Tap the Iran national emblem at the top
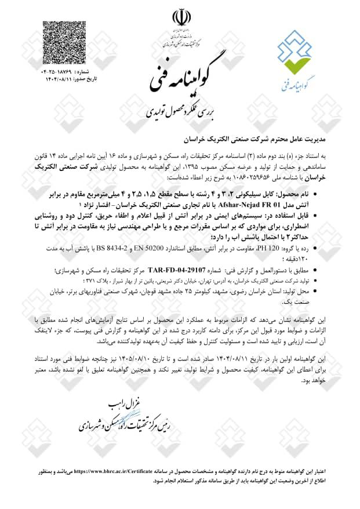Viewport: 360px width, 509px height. [180, 17]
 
